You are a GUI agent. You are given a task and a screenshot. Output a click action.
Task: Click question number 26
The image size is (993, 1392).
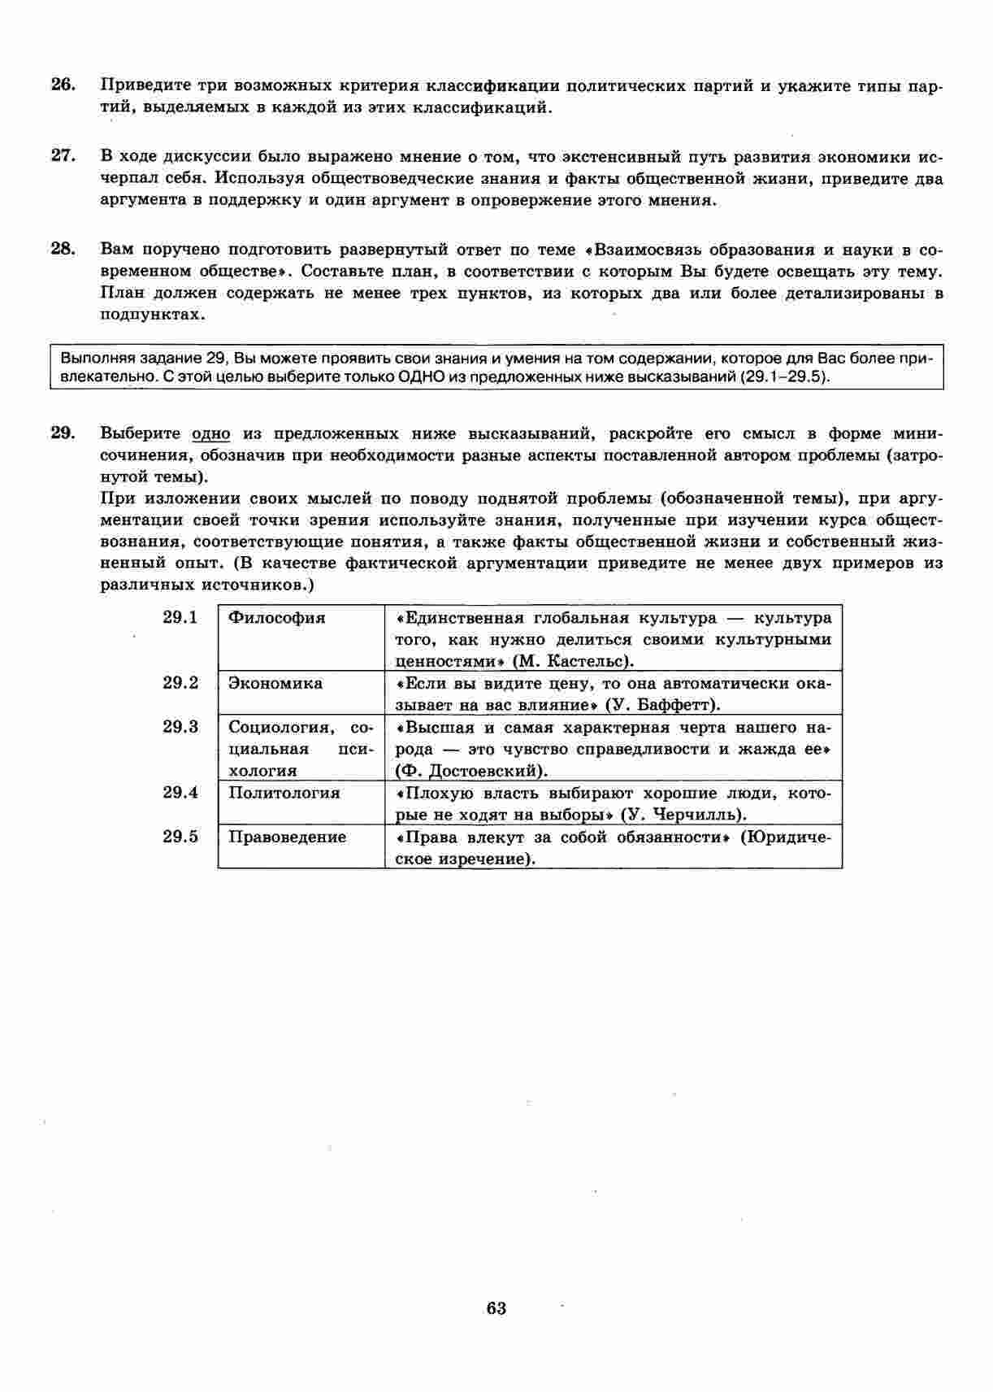[x=63, y=85]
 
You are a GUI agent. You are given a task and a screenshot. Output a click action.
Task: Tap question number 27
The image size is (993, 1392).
[x=63, y=155]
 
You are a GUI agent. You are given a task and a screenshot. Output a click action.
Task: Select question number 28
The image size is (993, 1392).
[x=63, y=249]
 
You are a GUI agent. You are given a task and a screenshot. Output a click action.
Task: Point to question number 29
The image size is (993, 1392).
[x=63, y=433]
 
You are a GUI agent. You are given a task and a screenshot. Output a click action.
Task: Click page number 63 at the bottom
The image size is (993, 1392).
[x=496, y=1307]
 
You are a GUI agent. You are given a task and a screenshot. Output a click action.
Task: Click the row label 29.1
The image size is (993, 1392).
[x=180, y=617]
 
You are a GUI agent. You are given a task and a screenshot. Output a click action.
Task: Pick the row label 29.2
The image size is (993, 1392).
[x=180, y=682]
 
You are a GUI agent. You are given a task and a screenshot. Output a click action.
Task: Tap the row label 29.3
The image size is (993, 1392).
[x=180, y=727]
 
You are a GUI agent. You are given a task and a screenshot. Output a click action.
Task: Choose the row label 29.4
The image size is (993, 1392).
[x=180, y=792]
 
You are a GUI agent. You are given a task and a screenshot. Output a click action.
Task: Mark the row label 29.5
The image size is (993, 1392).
[x=180, y=837]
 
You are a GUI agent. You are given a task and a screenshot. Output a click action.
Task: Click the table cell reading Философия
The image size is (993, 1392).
[x=276, y=618]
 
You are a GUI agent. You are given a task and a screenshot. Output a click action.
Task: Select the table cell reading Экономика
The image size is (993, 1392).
[x=275, y=683]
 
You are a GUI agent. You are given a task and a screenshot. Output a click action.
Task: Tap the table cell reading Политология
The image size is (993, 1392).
[x=284, y=793]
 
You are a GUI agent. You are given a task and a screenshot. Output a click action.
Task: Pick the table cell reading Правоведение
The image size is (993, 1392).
[x=287, y=837]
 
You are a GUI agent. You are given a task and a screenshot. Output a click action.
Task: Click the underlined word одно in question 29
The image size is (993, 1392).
[x=211, y=433]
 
